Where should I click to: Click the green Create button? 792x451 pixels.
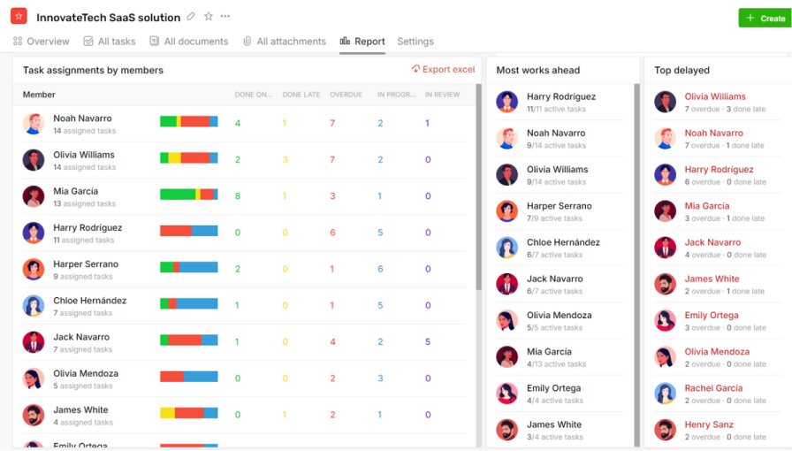pyautogui.click(x=765, y=18)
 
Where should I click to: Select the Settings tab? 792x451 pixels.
pyautogui.click(x=415, y=42)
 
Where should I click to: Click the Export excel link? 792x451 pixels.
pyautogui.click(x=444, y=70)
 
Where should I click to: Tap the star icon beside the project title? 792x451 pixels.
pyautogui.click(x=209, y=17)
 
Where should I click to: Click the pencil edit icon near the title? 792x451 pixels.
pyautogui.click(x=191, y=17)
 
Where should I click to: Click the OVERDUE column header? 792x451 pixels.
pyautogui.click(x=346, y=95)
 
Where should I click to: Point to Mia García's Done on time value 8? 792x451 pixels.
pyautogui.click(x=238, y=196)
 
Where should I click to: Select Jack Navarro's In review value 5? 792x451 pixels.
pyautogui.click(x=428, y=342)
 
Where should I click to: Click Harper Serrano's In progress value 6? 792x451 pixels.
pyautogui.click(x=380, y=270)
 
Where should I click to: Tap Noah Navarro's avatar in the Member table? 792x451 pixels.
pyautogui.click(x=34, y=124)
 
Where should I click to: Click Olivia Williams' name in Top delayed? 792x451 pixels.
pyautogui.click(x=715, y=97)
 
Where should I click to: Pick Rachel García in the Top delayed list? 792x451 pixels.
pyautogui.click(x=713, y=388)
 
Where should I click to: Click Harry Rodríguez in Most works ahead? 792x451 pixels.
pyautogui.click(x=560, y=97)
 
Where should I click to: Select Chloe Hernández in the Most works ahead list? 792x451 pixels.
pyautogui.click(x=563, y=242)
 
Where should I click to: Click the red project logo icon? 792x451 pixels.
pyautogui.click(x=19, y=17)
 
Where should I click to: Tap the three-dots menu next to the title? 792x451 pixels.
pyautogui.click(x=225, y=17)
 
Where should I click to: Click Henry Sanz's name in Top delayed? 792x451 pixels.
pyautogui.click(x=709, y=424)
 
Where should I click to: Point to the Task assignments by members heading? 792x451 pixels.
pyautogui.click(x=93, y=71)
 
